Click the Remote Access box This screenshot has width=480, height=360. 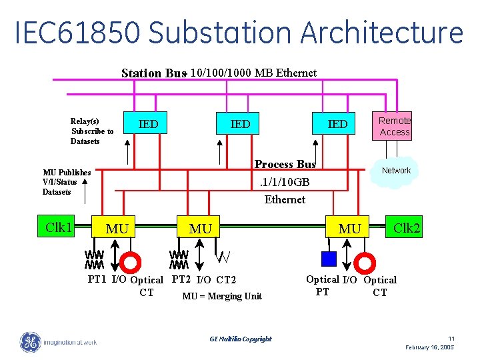pos(394,126)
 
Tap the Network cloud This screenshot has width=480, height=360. pos(396,171)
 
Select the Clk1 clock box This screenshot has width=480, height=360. pos(59,227)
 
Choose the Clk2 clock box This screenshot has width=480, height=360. pos(406,227)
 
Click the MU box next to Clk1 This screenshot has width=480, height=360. pos(117,229)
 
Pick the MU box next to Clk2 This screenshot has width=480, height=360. pos(349,229)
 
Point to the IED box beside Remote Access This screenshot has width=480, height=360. pos(337,124)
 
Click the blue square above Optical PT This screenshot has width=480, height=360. pos(328,259)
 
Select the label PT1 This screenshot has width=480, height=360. pos(97,279)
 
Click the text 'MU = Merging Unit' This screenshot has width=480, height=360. pos(222,296)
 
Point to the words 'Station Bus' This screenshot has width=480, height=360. pos(153,73)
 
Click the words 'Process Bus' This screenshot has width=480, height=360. pos(285,164)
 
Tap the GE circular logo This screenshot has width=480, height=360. pos(30,342)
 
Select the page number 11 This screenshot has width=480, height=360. pos(451,339)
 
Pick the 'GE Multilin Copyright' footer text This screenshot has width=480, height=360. pos(240,339)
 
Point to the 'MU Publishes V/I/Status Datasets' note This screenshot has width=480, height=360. pos(67,182)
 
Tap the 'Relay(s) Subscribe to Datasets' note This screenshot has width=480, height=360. pos(92,131)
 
